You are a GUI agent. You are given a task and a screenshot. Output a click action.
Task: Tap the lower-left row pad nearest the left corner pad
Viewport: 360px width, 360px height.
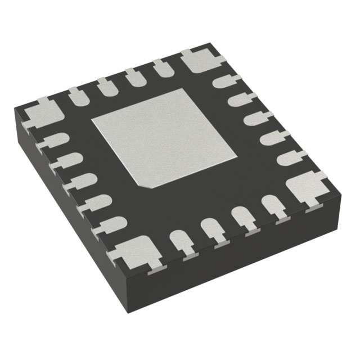pos(54,141)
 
